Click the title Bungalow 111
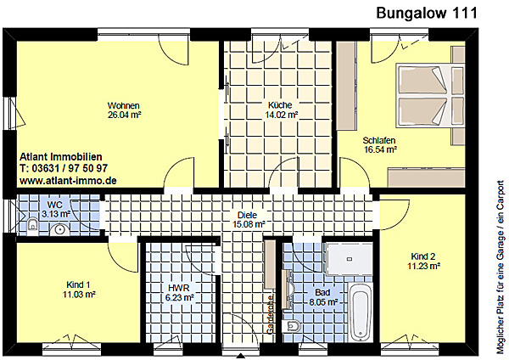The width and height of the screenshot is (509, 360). coord(427,13)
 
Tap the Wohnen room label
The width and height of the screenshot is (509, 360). coord(124,105)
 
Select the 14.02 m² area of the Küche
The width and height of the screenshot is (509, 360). coord(282,115)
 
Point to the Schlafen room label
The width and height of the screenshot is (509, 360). coord(379,140)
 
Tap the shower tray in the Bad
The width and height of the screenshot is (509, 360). coord(350,259)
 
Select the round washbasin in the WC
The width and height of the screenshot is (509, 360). coord(59,229)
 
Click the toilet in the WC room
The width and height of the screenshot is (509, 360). coord(32,225)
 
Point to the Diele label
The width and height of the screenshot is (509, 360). coord(247,215)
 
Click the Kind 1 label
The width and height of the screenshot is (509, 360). coord(78,284)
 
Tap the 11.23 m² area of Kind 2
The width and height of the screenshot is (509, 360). coord(423,266)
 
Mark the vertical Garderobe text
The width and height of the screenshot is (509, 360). coord(270,314)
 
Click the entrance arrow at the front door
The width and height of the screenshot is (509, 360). coord(241,356)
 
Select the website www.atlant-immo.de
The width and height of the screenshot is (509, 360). coord(68,181)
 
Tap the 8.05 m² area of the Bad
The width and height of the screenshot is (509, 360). coord(322,302)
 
